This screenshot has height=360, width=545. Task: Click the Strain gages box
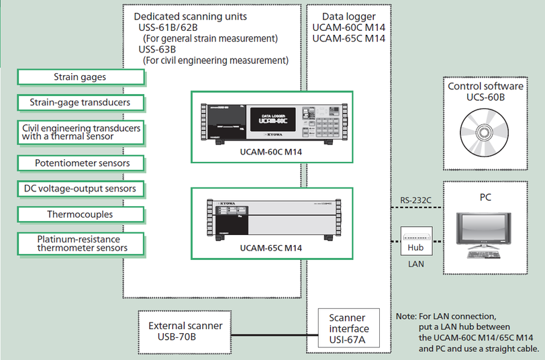coord(80,77)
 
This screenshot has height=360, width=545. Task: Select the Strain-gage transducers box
coord(80,103)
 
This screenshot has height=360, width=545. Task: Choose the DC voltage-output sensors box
coord(80,189)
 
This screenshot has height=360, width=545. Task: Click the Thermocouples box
coord(80,215)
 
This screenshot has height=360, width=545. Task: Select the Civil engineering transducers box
coord(81,132)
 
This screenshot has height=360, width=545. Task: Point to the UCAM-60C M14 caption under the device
coord(271,152)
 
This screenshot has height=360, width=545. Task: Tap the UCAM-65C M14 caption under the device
coord(271,248)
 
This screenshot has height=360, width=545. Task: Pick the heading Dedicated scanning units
coord(191,15)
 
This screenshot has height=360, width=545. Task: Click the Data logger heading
coord(349,15)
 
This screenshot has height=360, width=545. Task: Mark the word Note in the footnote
coord(407,315)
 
